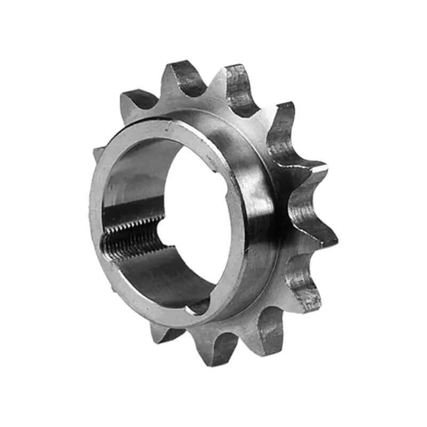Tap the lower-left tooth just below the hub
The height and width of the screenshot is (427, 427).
tap(163, 334)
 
